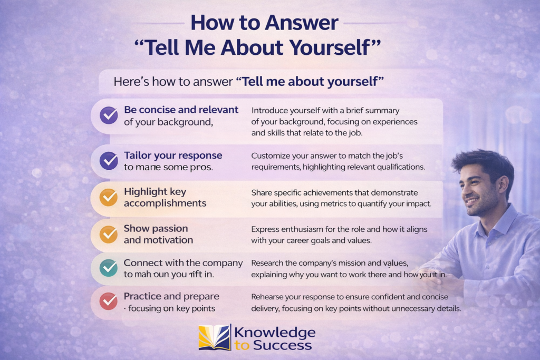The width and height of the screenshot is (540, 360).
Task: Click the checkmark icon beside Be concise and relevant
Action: [109, 115]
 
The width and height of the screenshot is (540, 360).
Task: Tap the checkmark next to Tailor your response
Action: [109, 160]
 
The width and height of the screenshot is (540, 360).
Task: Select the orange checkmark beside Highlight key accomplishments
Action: [109, 197]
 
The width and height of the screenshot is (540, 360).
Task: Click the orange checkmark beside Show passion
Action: [109, 233]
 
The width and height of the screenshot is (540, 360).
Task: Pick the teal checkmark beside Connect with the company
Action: [109, 268]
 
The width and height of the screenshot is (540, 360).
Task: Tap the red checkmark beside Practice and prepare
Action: [109, 301]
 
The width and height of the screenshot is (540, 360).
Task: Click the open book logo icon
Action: [214, 338]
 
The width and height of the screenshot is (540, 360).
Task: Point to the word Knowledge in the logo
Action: [274, 333]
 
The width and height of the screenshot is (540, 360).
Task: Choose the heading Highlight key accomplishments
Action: [165, 197]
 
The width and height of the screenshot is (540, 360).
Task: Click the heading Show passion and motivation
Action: [158, 234]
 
